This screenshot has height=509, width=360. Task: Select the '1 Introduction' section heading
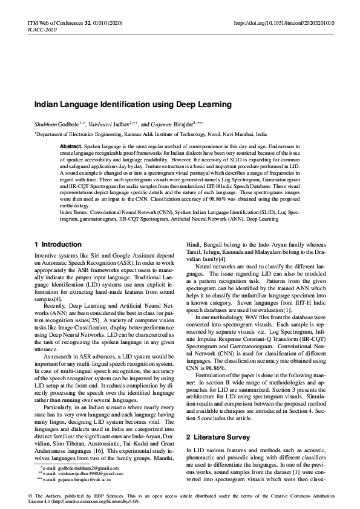tap(58, 244)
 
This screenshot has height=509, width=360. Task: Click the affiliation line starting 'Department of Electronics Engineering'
tap(151, 134)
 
